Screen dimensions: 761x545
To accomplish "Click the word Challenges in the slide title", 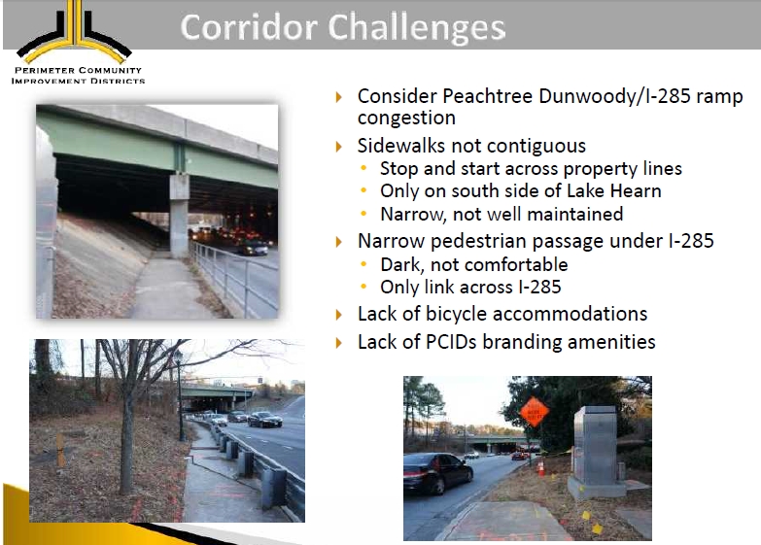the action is [417, 27].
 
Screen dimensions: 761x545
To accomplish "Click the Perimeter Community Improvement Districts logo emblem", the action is [74, 31].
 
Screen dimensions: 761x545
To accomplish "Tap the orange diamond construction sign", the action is [534, 412].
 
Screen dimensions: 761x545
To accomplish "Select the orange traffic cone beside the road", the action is [540, 468].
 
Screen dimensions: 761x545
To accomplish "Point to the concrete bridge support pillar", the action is [179, 216].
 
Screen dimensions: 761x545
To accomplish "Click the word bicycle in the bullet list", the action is [456, 314].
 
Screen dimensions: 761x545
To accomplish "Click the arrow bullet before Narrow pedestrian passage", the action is [339, 241].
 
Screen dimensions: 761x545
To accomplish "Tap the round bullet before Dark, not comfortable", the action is [363, 263].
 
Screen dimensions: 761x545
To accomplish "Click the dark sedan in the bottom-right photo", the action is [437, 472].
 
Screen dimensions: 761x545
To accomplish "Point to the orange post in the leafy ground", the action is [60, 450].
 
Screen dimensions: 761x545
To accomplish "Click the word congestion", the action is [406, 118].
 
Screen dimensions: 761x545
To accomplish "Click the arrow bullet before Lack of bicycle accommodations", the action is [339, 315].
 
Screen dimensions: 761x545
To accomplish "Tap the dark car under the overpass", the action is [253, 249].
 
